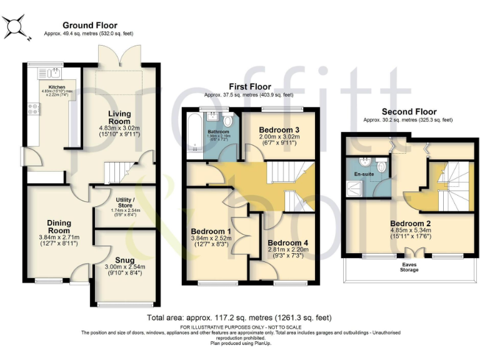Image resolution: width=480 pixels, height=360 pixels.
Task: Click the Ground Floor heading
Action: [x=89, y=26]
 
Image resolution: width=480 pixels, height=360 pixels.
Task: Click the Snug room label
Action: [x=124, y=260]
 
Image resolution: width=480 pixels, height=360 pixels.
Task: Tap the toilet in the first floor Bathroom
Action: [x=229, y=121]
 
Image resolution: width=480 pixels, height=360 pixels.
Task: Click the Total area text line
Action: [x=239, y=317]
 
